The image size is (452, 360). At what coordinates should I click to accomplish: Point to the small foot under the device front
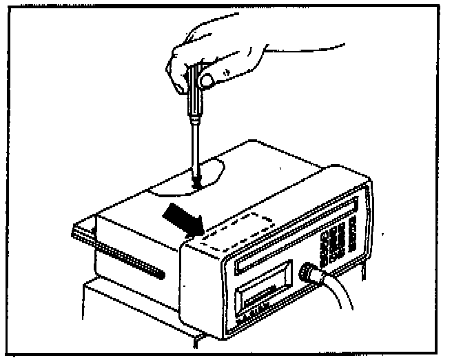[x=200, y=339]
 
